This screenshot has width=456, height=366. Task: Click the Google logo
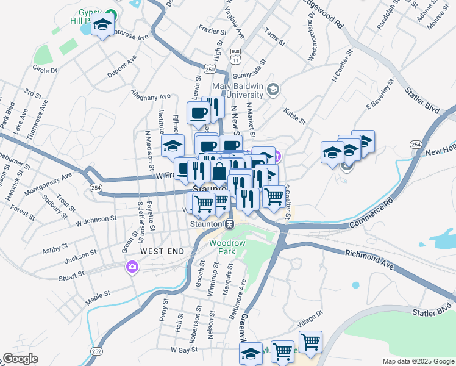tap(21, 359)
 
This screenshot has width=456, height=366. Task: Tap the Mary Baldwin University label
tap(237, 90)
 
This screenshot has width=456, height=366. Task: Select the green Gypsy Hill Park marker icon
tap(110, 13)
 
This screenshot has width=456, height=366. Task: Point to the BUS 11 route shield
tap(236, 57)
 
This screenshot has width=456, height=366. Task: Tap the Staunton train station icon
tap(229, 224)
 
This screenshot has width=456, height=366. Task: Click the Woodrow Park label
tap(227, 246)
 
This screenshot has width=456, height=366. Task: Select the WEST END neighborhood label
tap(161, 251)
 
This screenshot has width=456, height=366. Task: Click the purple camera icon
tap(132, 267)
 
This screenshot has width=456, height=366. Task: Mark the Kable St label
tap(294, 115)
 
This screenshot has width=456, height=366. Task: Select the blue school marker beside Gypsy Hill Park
tap(103, 26)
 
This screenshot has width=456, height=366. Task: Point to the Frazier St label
tap(213, 28)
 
